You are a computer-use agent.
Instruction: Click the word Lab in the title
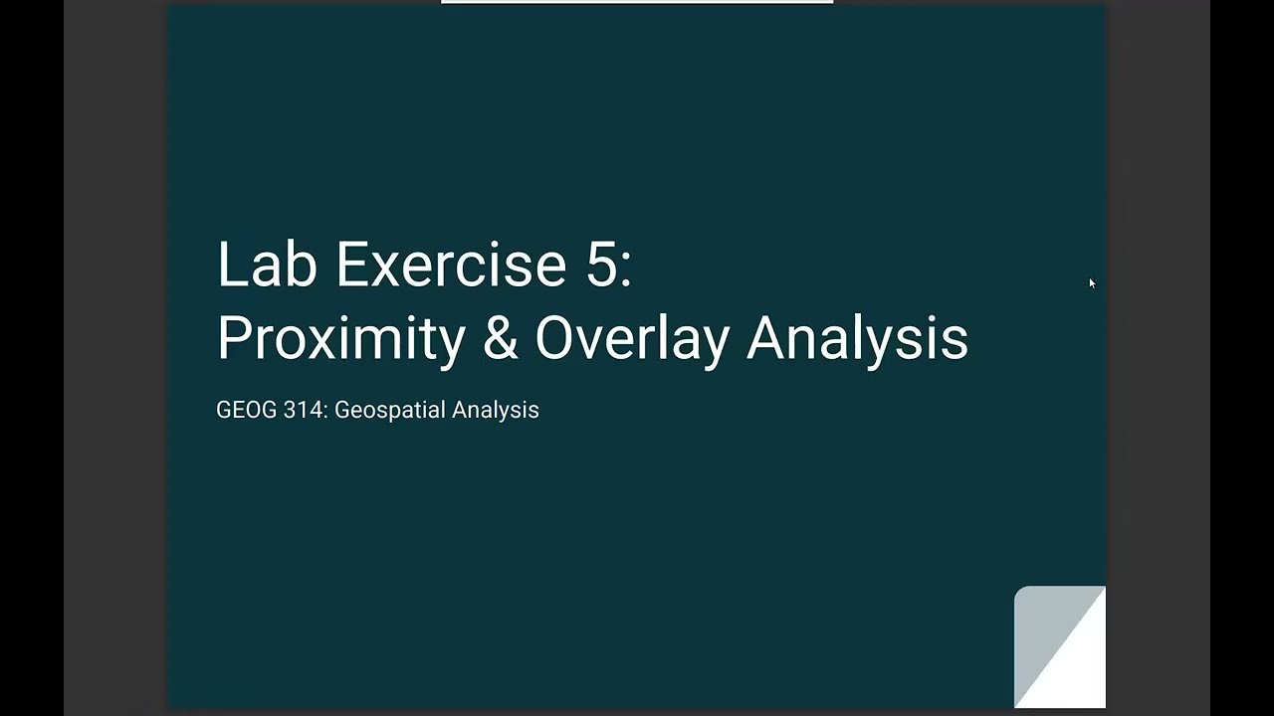267,265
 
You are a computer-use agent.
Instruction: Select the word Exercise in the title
451,265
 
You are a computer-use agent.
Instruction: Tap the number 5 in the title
600,265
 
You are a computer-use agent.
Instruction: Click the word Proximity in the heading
340,338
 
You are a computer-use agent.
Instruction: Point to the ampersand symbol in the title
500,338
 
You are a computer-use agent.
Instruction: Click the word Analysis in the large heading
857,338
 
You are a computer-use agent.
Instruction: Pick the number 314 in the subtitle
303,410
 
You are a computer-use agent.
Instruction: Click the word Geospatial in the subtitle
389,410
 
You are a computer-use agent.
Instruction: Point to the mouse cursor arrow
1091,283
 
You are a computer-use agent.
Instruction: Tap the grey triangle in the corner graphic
1040,626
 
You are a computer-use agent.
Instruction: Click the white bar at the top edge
637,2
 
